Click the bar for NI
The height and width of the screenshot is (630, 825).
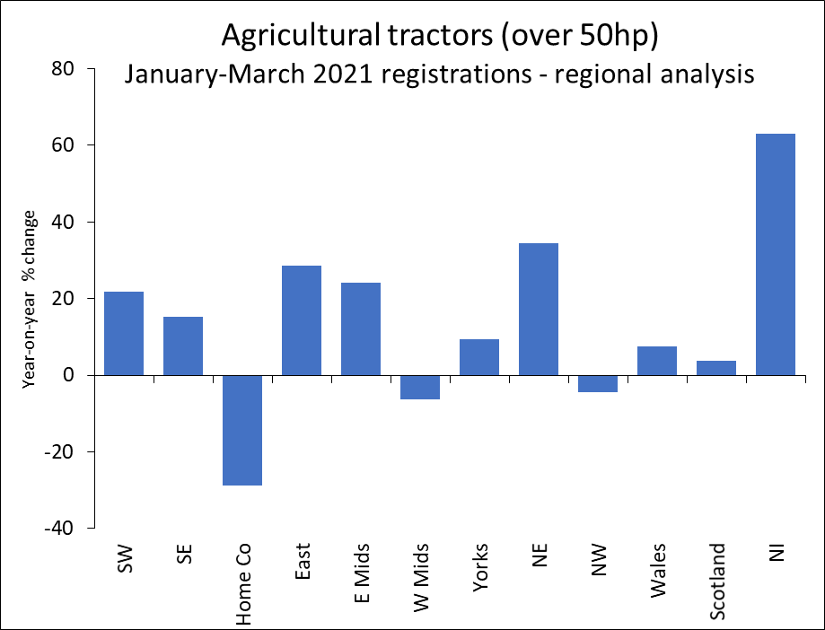tap(776, 254)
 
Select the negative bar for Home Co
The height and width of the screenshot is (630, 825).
tap(242, 430)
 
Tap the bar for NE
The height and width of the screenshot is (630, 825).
tap(539, 309)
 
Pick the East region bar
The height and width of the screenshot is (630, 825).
tap(302, 320)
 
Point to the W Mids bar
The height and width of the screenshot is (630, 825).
tap(420, 387)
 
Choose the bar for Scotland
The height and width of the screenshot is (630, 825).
tap(716, 368)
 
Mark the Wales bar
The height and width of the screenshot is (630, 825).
tap(657, 361)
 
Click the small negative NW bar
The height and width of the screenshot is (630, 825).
tap(598, 383)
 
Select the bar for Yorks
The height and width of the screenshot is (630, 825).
tap(479, 357)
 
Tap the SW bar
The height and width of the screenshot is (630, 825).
tap(124, 333)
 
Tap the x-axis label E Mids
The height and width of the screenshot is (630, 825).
tap(361, 573)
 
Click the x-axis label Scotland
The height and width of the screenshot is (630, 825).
tap(717, 582)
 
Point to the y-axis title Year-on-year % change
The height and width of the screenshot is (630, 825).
tap(31, 298)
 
